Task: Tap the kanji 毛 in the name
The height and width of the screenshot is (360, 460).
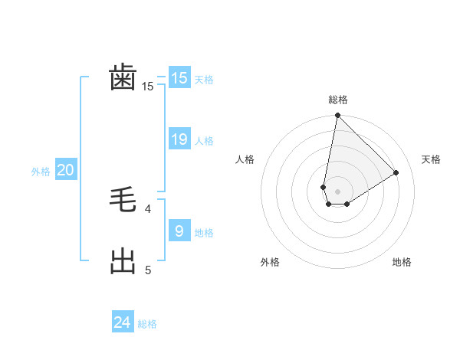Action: tap(123, 202)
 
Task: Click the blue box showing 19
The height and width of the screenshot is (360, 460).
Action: tap(179, 139)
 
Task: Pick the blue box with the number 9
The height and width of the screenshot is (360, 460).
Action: tap(179, 231)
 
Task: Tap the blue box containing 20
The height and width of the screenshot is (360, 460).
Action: tap(65, 170)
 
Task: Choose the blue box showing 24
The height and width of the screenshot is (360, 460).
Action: tap(123, 322)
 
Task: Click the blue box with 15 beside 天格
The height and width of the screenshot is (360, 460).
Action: tap(179, 78)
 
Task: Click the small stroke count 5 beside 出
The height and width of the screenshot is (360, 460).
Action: tap(149, 270)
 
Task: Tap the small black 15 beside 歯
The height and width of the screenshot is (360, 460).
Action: tap(148, 87)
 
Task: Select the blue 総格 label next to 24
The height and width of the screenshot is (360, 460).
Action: tap(147, 324)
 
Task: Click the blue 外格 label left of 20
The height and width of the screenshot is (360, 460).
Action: tap(41, 172)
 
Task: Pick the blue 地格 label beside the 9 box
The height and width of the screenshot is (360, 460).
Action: tap(204, 233)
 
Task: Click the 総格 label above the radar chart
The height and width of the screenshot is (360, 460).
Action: tap(337, 100)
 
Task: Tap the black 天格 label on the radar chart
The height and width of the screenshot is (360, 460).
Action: tap(431, 159)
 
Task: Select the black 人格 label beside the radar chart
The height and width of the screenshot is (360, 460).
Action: tap(245, 159)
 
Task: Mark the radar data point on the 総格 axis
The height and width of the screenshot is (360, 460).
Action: tap(337, 116)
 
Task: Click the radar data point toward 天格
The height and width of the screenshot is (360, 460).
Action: tap(396, 172)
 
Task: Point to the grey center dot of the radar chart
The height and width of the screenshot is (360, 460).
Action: tap(337, 191)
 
